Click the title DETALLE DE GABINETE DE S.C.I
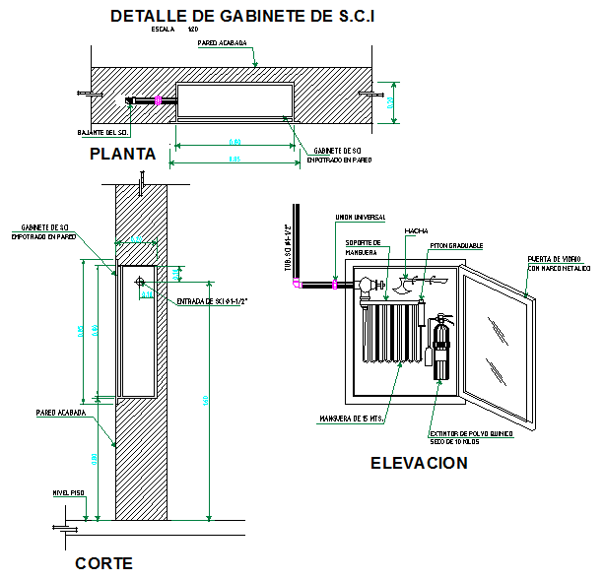(242, 16)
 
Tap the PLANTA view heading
(122, 154)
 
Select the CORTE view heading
(102, 564)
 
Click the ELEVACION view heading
(419, 463)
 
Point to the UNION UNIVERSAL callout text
(360, 217)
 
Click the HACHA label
(414, 231)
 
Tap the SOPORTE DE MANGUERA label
(363, 247)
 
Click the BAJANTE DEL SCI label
(102, 131)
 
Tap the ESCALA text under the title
(164, 31)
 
